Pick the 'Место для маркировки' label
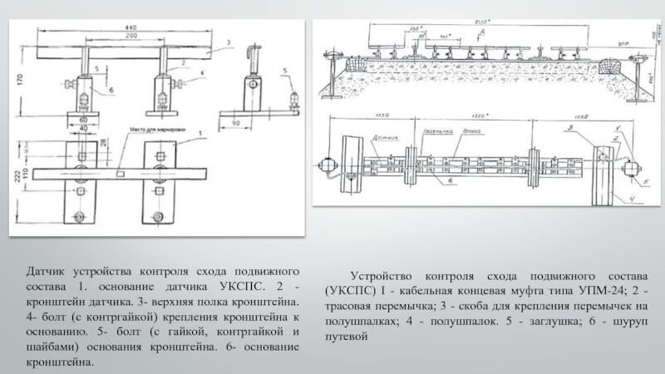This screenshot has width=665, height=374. pos(155,130)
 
